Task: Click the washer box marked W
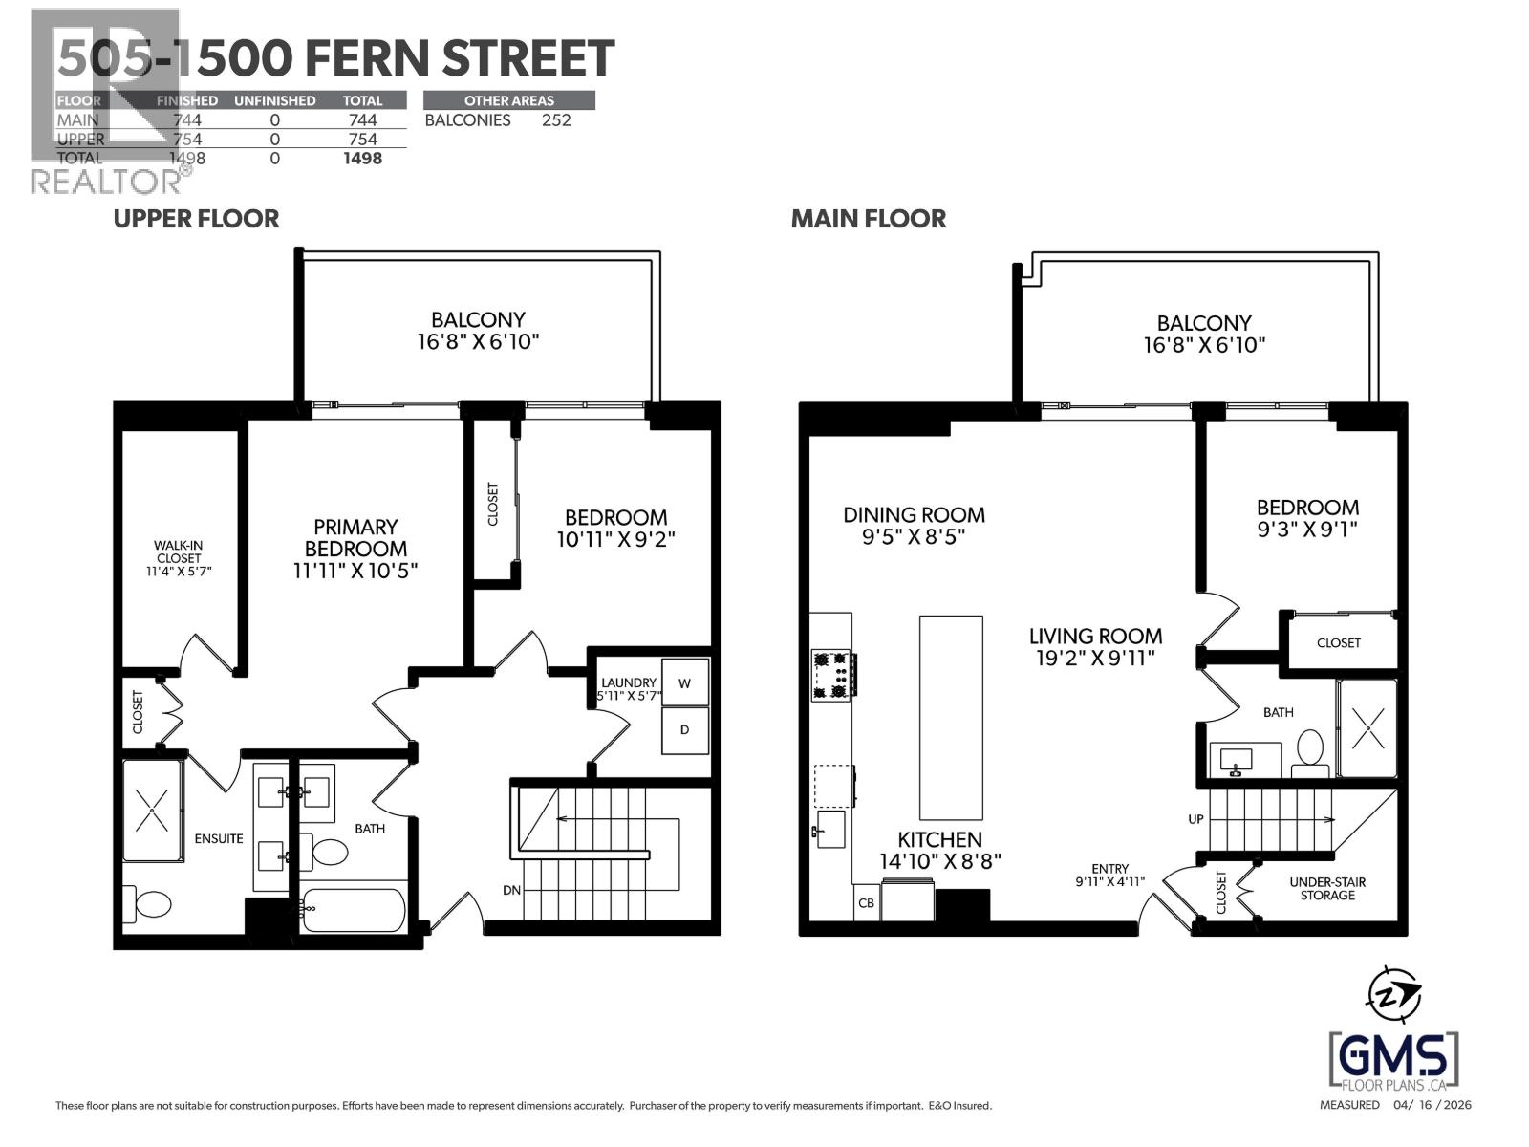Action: point(684,682)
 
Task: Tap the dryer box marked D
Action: point(684,730)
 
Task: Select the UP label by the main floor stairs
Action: point(1195,819)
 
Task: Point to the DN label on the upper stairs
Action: point(512,890)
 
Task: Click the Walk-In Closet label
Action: point(179,558)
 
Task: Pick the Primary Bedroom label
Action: point(355,538)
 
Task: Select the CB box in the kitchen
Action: point(866,902)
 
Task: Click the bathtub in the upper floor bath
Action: point(354,909)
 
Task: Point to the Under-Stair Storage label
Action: point(1326,888)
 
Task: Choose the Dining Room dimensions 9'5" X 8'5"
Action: point(914,537)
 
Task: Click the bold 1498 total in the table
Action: point(362,159)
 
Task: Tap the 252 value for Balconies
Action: point(556,120)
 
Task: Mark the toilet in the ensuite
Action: point(152,902)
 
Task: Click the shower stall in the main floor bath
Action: point(1367,727)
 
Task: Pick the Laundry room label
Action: point(628,682)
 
